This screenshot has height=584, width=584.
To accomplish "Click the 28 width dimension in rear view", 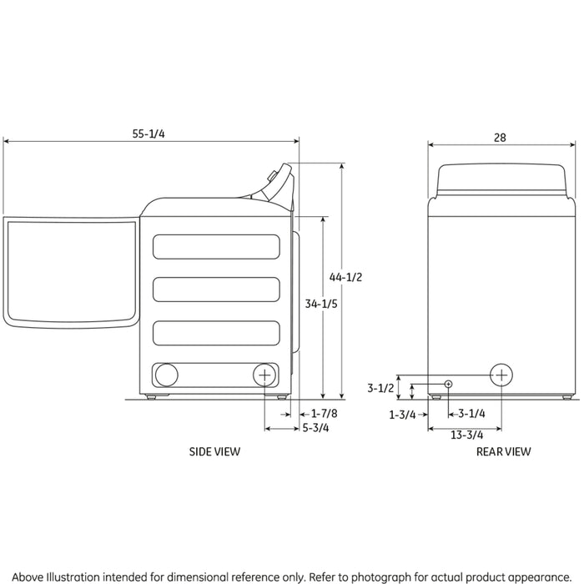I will [499, 137].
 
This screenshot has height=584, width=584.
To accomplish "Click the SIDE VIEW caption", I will [215, 451].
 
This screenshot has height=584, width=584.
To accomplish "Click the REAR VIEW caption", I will [503, 451].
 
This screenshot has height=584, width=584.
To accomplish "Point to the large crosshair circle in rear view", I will [501, 375].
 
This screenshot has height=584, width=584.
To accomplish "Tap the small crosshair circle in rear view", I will [449, 384].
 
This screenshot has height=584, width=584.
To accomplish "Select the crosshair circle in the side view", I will [264, 375].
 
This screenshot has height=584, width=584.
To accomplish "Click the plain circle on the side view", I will [166, 375].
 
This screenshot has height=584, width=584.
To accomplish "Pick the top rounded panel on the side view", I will [216, 246].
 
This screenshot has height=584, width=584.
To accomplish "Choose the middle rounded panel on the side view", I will [216, 289].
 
